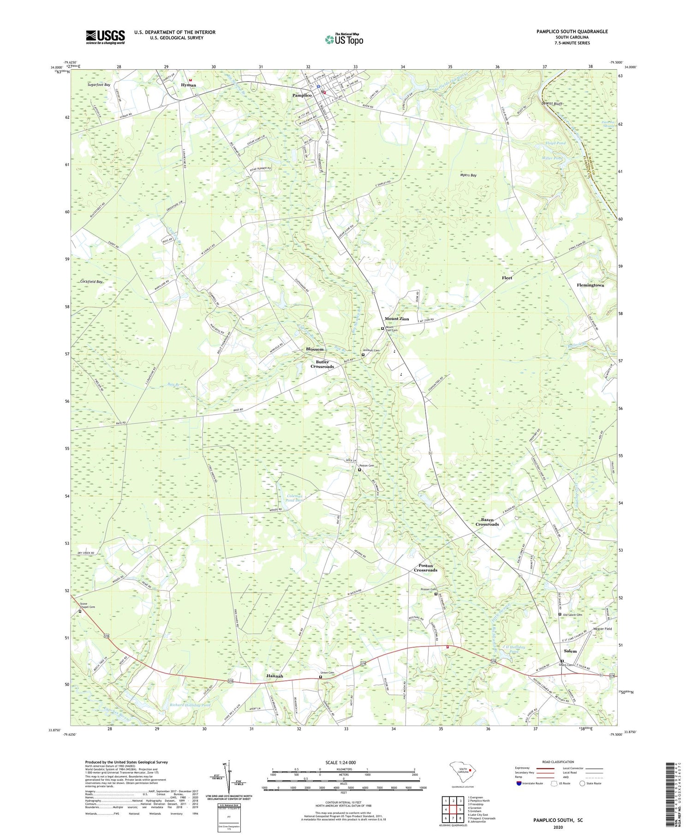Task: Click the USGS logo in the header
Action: (105, 37)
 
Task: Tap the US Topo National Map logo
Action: (344, 39)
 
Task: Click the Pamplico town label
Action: (302, 95)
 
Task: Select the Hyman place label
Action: (188, 85)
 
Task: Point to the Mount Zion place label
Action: (397, 319)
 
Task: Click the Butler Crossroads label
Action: (322, 364)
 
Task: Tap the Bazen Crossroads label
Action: (487, 522)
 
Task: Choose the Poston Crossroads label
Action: (425, 568)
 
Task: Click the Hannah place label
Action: (274, 676)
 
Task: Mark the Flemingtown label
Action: (590, 285)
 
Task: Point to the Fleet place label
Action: (507, 278)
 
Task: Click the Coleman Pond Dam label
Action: (293, 498)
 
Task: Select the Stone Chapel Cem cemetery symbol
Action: (80, 611)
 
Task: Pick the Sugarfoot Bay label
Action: (99, 85)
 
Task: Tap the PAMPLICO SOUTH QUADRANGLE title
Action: (572, 31)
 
